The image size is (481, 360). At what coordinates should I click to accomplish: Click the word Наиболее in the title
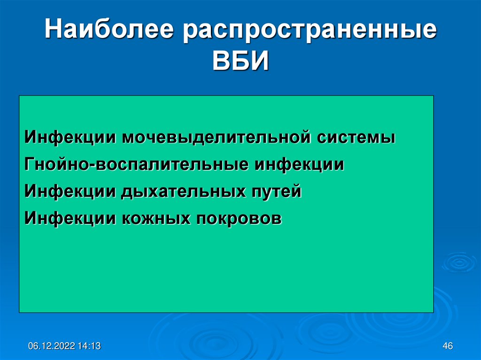[x=109, y=30]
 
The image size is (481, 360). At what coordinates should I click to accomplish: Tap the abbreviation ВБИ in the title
[x=240, y=61]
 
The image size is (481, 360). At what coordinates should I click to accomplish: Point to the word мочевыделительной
[x=217, y=137]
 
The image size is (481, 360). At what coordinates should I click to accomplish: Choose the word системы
[x=356, y=138]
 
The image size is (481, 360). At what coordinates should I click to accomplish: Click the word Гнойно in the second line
[x=57, y=164]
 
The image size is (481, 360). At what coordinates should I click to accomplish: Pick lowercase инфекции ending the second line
[x=299, y=165]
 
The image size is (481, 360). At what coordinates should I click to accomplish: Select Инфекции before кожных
[x=70, y=219]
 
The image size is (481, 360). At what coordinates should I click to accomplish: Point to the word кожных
[x=156, y=218]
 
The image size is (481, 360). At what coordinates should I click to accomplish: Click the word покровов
[x=239, y=219]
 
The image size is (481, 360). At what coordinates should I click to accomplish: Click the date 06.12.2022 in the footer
[x=52, y=346]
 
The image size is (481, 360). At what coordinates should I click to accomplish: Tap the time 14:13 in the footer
[x=89, y=346]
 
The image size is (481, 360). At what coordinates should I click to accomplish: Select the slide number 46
[x=448, y=346]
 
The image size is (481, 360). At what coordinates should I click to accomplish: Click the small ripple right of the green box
[x=459, y=262]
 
